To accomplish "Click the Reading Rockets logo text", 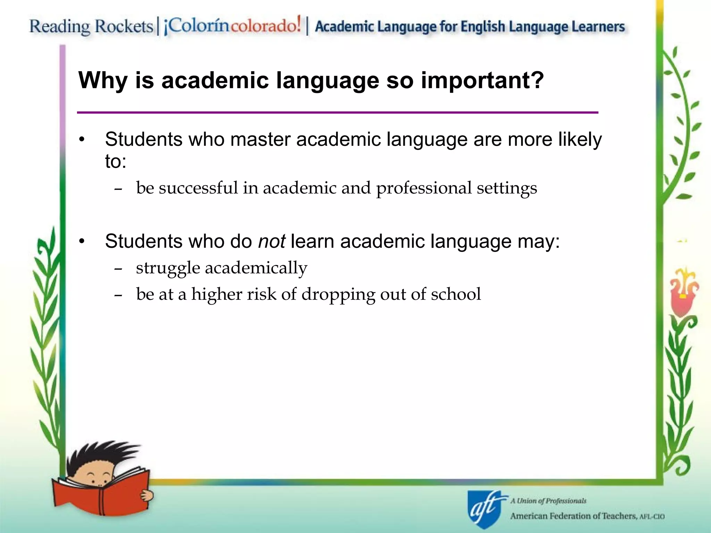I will tap(91, 26).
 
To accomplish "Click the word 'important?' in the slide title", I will tap(482, 81).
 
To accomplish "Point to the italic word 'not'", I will tap(271, 241).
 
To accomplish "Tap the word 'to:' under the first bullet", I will tap(116, 161).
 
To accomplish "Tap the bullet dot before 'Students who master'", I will tap(82, 140).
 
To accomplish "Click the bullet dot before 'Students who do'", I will tap(82, 242).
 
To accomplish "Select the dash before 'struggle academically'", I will tap(118, 268).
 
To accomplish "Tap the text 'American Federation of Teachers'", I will tap(573, 516).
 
